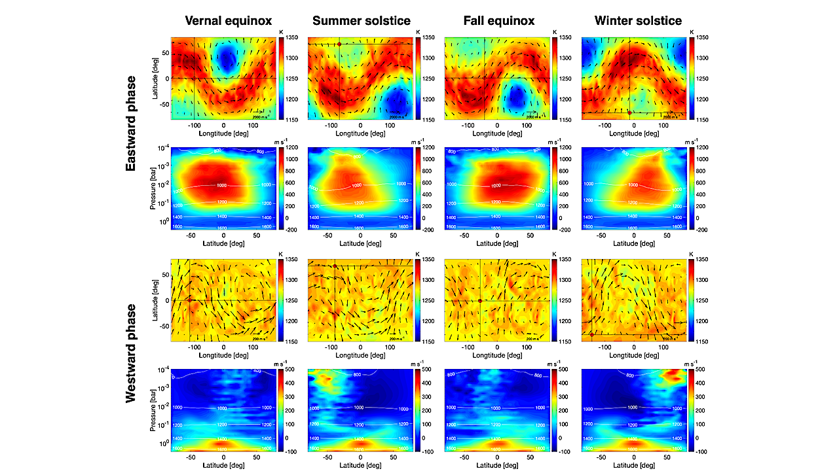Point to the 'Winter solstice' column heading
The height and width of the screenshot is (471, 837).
638,20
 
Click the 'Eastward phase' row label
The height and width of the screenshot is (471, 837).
131,124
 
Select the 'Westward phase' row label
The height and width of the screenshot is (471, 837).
131,353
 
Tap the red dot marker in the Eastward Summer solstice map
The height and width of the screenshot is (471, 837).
339,44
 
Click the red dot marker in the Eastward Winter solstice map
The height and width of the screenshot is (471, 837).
629,113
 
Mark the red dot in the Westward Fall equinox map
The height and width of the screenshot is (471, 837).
480,300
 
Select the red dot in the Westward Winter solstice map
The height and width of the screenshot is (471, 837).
592,334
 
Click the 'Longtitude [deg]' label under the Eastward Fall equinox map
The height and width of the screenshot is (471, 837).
495,133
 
